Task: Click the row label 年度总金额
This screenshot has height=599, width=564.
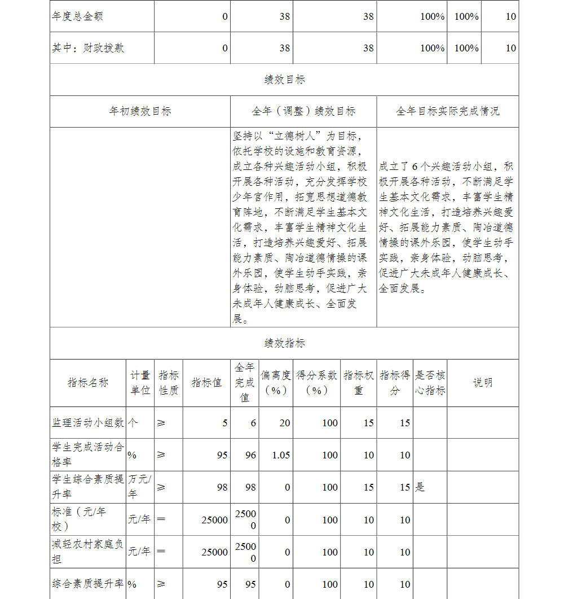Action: coord(77,16)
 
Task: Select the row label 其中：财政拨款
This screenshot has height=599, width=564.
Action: coord(88,48)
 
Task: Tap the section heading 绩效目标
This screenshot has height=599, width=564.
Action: coord(284,80)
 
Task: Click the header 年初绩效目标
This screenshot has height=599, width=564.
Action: coord(140,111)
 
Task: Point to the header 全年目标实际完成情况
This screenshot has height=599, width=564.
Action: coord(447,111)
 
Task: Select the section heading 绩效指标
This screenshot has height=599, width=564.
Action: coord(284,343)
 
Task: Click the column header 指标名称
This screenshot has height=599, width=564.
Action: coord(88,383)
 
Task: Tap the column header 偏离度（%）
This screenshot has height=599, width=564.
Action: coord(276,383)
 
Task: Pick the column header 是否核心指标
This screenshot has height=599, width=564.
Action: coord(430,383)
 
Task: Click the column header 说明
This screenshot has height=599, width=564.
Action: coord(482,383)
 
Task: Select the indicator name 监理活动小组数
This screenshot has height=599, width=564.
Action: coord(88,423)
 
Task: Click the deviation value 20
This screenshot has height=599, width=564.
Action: coord(285,423)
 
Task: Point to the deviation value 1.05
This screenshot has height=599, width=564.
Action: coord(281,455)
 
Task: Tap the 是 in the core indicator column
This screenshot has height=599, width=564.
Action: coord(420,487)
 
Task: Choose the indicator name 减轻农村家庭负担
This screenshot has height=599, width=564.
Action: coord(88,552)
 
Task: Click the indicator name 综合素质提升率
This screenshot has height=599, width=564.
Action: coord(88,584)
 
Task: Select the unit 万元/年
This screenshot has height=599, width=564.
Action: coord(140,487)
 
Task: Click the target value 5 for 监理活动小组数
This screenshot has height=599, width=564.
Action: coord(225,423)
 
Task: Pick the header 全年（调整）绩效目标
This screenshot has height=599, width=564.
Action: coord(303,111)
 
